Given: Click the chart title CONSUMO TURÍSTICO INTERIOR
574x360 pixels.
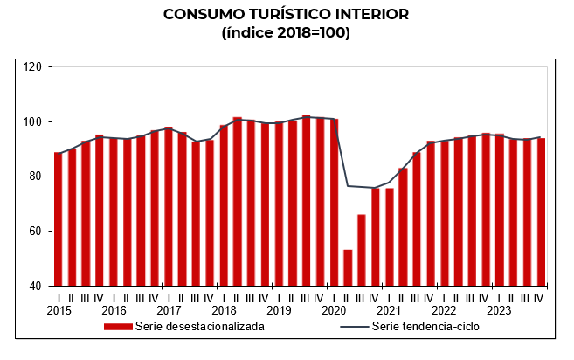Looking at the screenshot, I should coord(287,15).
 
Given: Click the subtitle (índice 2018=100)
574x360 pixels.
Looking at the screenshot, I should coord(287,33).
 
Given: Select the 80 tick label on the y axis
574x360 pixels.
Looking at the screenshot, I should coord(35,177).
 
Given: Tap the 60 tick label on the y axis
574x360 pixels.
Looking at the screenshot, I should coord(35,232).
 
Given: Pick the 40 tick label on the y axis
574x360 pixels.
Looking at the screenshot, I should coord(35,286).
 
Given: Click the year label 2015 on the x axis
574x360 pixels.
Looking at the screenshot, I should coord(59,310).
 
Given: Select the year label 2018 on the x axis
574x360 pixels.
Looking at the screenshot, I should coord(224,310).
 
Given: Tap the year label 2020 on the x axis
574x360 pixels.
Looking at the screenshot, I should coord(334,310).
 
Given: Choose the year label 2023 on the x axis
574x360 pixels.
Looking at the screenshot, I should coord(499,310).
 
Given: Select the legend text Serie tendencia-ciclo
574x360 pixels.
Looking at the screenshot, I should coord(425,327).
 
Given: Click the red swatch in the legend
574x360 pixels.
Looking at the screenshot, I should coord(118,327).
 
